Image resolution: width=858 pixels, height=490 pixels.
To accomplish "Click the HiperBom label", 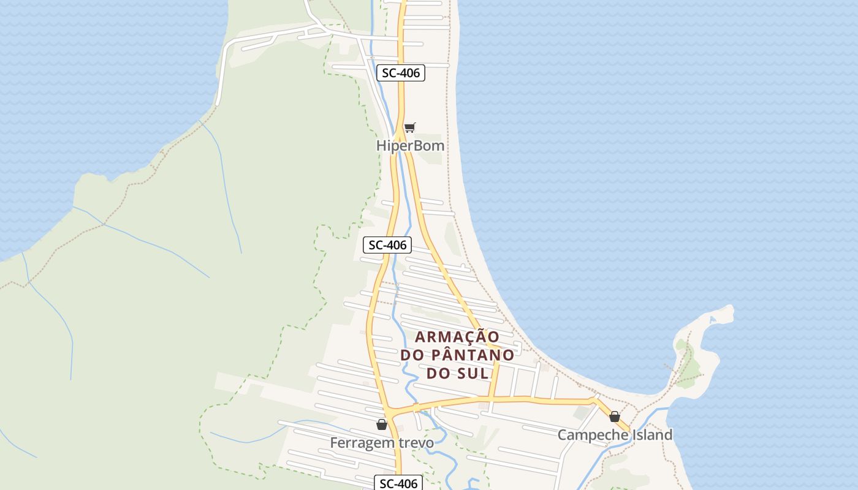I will click(410, 146).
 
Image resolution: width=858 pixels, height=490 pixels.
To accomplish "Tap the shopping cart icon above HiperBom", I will click(409, 127).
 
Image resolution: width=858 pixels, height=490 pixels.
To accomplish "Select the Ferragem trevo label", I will click(382, 442).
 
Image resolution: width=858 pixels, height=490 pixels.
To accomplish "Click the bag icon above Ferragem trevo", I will click(382, 424).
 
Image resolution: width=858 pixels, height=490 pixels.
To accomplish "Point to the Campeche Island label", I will click(615, 435).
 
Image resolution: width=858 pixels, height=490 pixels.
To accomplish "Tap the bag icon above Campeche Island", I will click(615, 417).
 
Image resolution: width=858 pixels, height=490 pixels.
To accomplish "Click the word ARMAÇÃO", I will click(457, 337).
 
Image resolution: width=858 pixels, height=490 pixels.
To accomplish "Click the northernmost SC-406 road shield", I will click(401, 73).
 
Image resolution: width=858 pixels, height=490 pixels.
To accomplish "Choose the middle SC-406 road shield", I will click(387, 245).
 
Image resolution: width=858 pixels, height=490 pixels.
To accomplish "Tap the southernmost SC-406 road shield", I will click(399, 483).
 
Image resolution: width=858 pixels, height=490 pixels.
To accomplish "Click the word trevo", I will click(415, 442).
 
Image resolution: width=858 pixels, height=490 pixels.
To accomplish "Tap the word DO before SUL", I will click(438, 373).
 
